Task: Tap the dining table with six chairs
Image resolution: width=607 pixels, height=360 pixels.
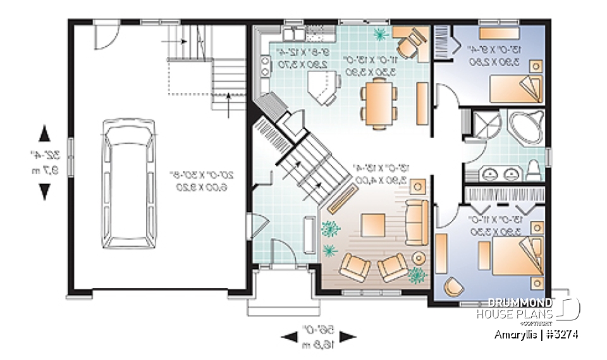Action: pyautogui.click(x=379, y=103)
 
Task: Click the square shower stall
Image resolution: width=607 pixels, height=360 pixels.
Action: pyautogui.click(x=484, y=125)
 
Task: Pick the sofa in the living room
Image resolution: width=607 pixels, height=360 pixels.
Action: pyautogui.click(x=415, y=221)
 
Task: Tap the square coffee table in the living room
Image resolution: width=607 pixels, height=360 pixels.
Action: pyautogui.click(x=372, y=225)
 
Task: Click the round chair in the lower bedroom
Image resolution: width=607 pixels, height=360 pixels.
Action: pyautogui.click(x=453, y=287)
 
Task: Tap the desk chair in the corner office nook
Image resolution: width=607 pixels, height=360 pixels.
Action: pyautogui.click(x=409, y=44)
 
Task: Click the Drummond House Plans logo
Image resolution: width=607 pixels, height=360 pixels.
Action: pyautogui.click(x=528, y=309)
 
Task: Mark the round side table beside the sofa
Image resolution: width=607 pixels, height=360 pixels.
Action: pyautogui.click(x=419, y=257)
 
